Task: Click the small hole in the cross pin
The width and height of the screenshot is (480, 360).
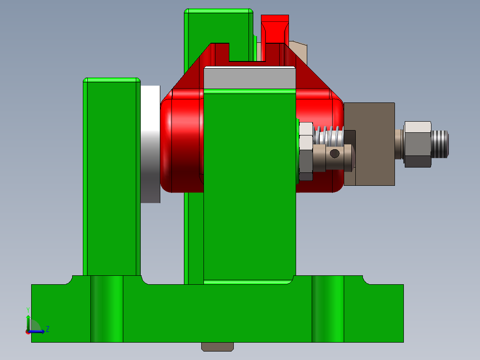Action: (335, 154)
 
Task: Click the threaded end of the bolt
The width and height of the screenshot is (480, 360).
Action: (440, 144)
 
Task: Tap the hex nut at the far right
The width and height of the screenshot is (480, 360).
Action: (418, 144)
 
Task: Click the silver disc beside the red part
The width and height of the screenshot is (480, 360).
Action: (151, 143)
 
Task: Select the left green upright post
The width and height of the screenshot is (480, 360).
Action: (111, 178)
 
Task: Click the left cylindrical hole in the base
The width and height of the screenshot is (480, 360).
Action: (107, 309)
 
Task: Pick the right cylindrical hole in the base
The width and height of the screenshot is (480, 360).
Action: (328, 309)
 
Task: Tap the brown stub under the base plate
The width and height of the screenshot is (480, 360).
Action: (218, 346)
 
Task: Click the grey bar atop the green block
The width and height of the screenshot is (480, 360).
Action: (249, 78)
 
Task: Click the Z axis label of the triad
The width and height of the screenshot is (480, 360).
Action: (48, 329)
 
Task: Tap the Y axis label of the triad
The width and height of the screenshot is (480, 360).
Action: (28, 309)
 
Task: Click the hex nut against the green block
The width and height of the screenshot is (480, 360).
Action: (306, 151)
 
